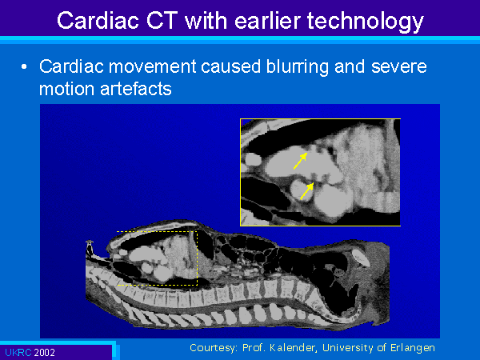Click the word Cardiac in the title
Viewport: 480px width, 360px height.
98,21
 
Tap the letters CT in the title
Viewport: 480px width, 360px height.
162,21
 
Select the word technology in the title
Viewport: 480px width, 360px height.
366,22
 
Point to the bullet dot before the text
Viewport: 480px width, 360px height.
24,67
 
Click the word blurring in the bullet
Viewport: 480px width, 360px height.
297,67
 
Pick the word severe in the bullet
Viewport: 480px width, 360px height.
399,67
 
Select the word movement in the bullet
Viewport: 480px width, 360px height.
153,66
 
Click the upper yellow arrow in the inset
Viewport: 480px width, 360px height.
300,161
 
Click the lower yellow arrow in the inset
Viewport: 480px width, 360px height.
306,191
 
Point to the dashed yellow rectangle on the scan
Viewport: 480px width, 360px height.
197,258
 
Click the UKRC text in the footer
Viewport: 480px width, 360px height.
18,352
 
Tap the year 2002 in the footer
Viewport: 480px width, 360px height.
44,353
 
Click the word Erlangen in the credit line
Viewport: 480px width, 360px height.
413,348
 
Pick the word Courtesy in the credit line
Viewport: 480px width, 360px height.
214,348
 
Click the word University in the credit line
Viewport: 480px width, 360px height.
348,348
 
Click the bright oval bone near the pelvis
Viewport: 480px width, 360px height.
361,258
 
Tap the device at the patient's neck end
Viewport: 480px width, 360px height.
90,248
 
